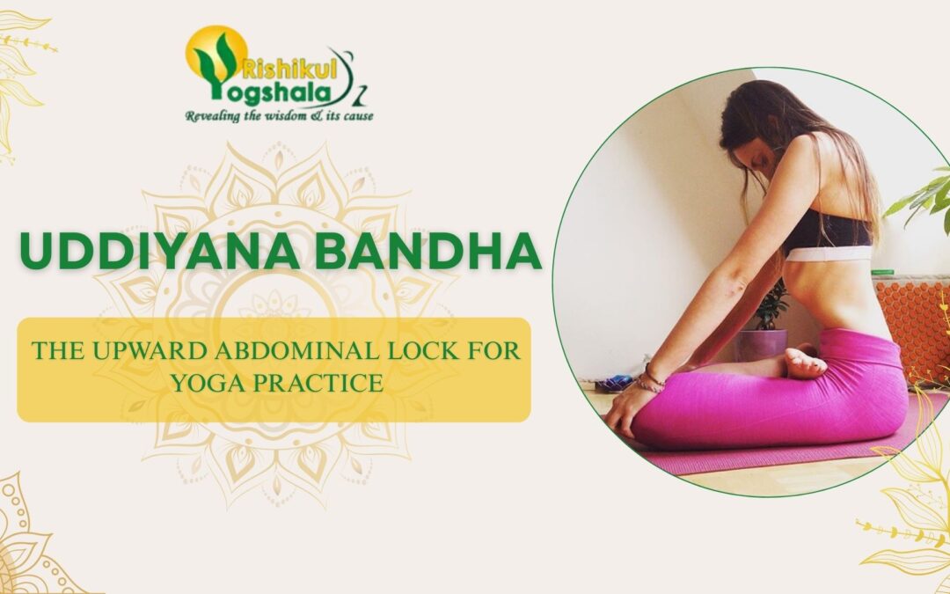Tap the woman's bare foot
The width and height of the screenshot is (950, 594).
click(806, 362)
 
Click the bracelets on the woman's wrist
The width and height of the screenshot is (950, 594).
click(652, 378)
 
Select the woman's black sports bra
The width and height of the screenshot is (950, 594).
click(827, 231)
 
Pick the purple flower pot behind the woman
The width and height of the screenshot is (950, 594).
click(762, 342)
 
